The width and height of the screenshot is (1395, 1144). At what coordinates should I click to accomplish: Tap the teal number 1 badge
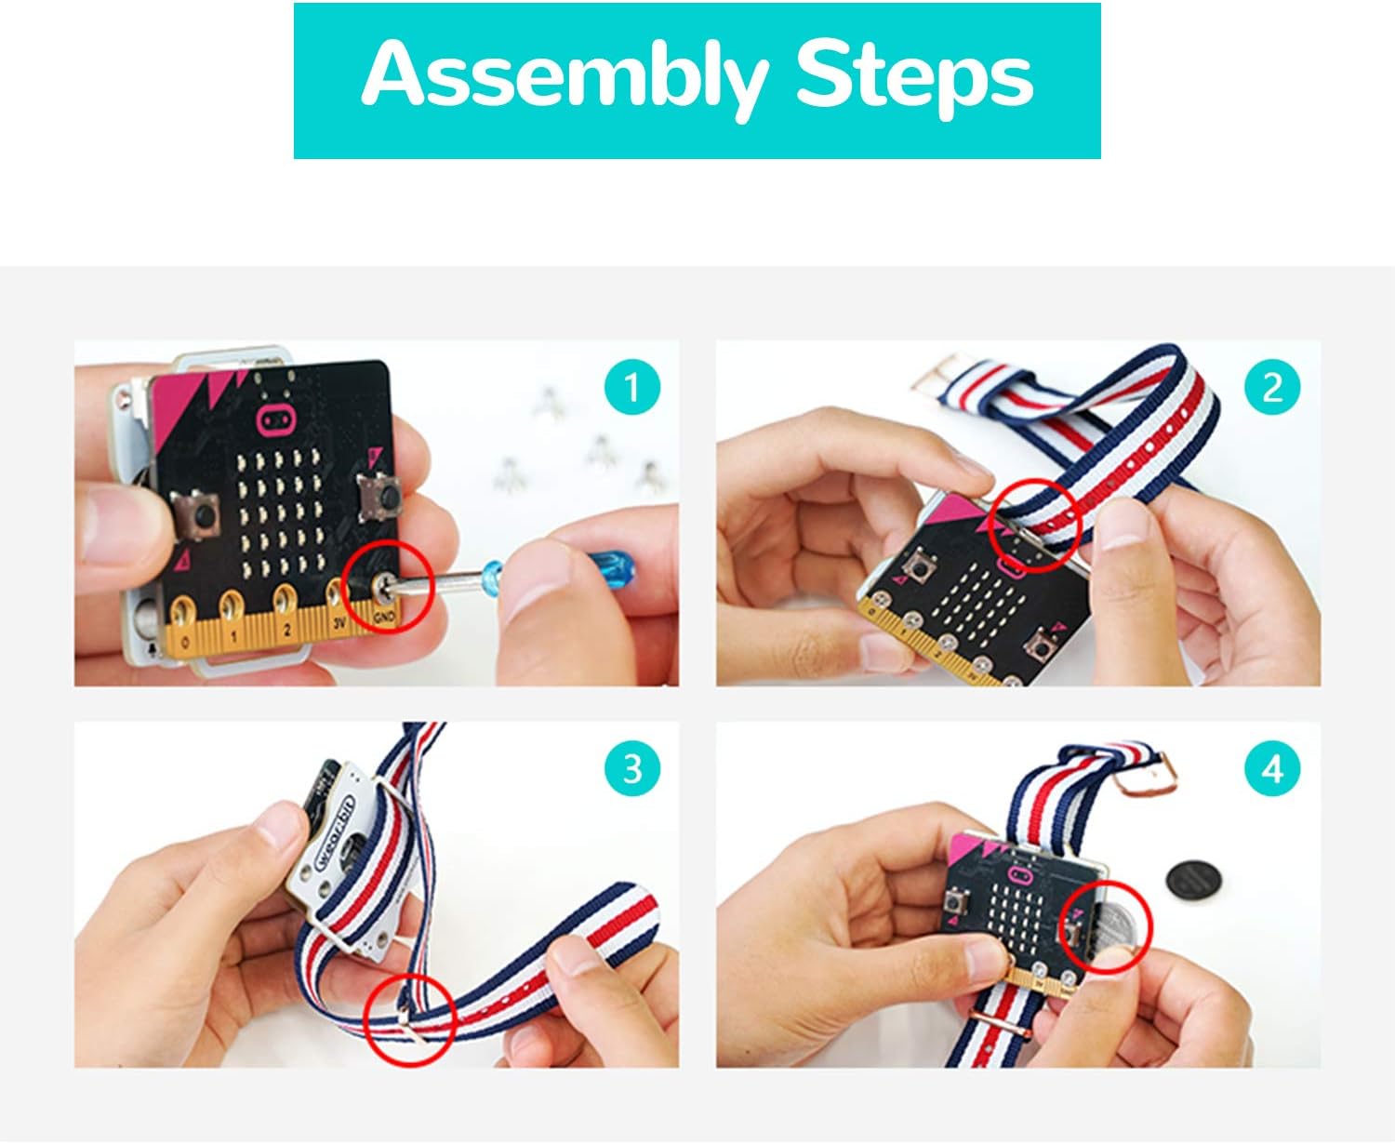coord(632,387)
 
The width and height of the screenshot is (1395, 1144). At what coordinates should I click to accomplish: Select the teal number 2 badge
coord(1272,387)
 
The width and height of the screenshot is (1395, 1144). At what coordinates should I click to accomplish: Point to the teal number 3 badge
coord(632,769)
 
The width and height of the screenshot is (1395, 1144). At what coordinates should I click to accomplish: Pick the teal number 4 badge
coord(1272,769)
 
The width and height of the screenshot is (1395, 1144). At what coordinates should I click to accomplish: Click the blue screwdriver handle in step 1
coord(610,565)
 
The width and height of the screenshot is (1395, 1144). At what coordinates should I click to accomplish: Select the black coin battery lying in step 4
coord(1194,879)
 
